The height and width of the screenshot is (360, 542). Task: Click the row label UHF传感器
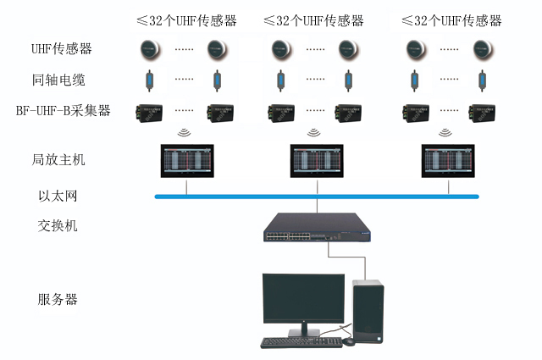[x=62, y=49]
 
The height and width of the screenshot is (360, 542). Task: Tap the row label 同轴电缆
[x=62, y=80]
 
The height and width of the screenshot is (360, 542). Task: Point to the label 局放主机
[x=62, y=159]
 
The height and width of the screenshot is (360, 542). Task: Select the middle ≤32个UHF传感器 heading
[x=313, y=19]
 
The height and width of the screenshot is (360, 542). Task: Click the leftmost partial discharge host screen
[x=185, y=160]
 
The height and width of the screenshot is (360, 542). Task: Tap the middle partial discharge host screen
[x=315, y=160]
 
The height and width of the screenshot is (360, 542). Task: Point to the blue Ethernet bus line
[x=237, y=197]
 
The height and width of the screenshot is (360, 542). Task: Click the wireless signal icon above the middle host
[x=315, y=132]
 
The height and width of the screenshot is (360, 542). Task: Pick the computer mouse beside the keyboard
[x=350, y=341]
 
